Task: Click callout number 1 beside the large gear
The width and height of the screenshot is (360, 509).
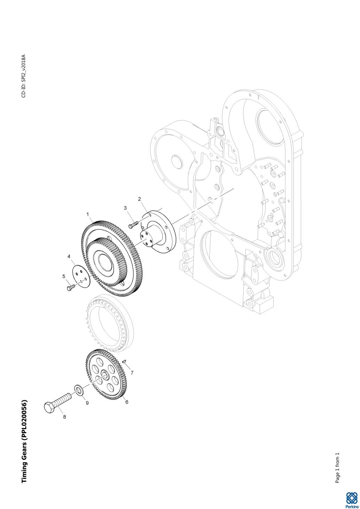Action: pyautogui.click(x=87, y=214)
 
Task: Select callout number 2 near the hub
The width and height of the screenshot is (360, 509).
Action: pyautogui.click(x=139, y=199)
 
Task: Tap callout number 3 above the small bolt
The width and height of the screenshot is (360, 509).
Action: pyautogui.click(x=125, y=208)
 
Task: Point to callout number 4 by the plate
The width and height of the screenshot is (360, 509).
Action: pyautogui.click(x=69, y=256)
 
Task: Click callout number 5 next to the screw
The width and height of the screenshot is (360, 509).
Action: pyautogui.click(x=64, y=276)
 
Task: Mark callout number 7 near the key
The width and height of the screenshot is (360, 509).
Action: pyautogui.click(x=132, y=373)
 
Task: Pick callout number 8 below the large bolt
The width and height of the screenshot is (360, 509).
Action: pyautogui.click(x=64, y=417)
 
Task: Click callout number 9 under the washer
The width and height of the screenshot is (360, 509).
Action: pyautogui.click(x=87, y=403)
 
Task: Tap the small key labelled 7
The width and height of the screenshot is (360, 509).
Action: pyautogui.click(x=124, y=361)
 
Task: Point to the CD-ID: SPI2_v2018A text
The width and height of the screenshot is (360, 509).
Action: pyautogui.click(x=24, y=76)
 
